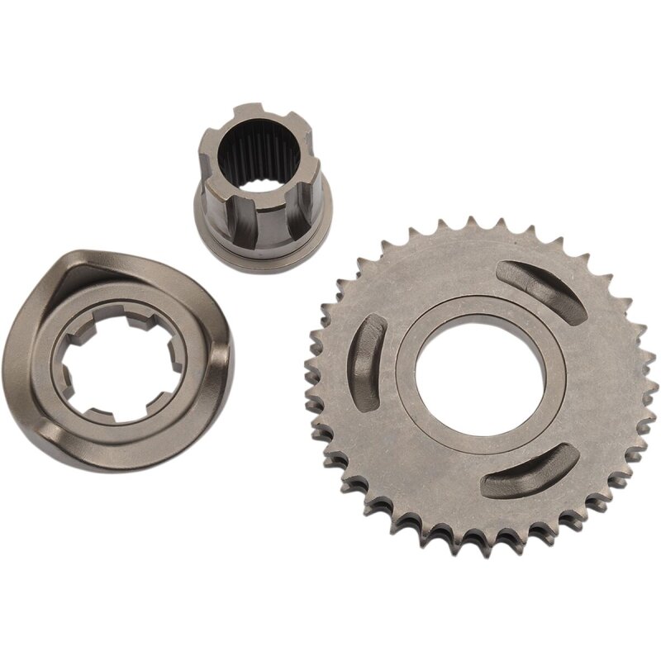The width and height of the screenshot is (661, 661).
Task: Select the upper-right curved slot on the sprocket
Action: [546, 290]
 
